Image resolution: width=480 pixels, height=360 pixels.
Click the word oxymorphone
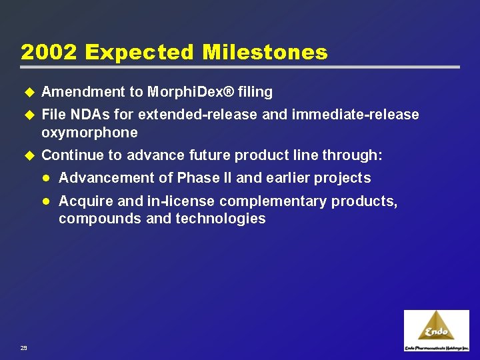[x=89, y=133]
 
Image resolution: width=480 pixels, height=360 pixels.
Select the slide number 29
[x=24, y=347]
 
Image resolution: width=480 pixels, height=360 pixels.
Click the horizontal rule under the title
[x=240, y=67]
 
